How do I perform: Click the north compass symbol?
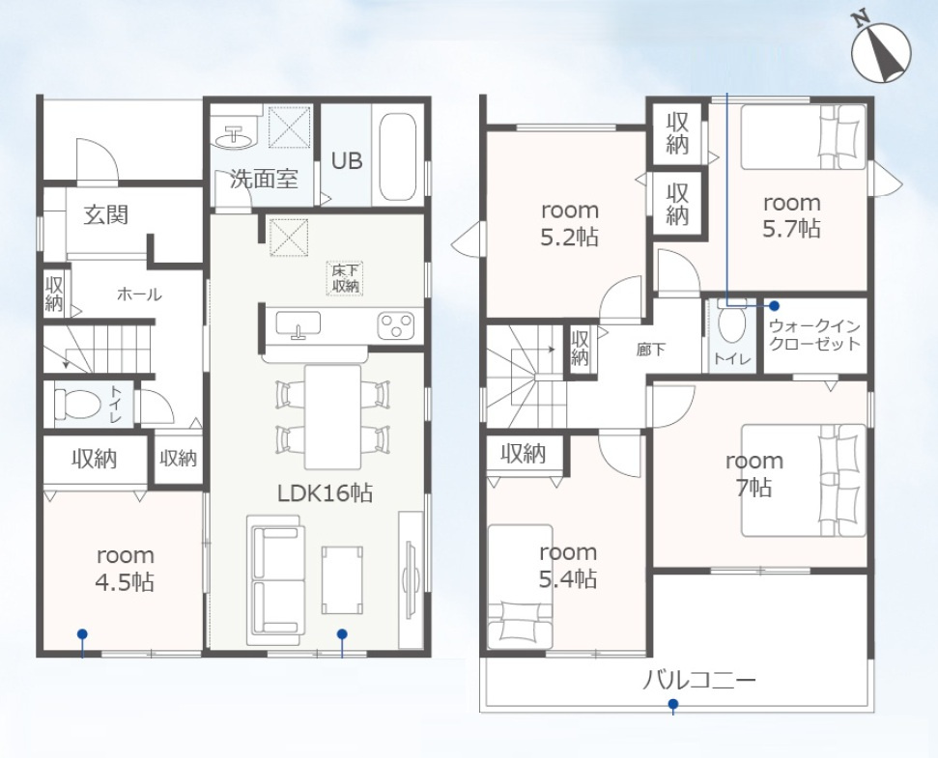[x=881, y=52]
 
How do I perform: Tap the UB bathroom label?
[x=347, y=161]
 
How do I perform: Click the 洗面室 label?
[x=263, y=180]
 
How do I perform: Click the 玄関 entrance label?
[x=106, y=214]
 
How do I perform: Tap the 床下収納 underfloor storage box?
[x=345, y=278]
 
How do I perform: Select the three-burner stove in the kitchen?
[x=395, y=326]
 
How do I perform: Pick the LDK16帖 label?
[x=325, y=493]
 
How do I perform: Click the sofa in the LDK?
[x=275, y=579]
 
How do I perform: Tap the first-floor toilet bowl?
[x=77, y=405]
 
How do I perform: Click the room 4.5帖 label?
[x=126, y=568]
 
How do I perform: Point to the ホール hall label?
[x=139, y=295]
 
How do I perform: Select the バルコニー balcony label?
[x=698, y=681]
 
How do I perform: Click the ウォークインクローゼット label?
[x=815, y=335]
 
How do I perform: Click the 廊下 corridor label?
[x=651, y=350]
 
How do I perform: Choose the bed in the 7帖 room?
[x=804, y=481]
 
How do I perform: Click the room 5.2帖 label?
[x=570, y=224]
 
